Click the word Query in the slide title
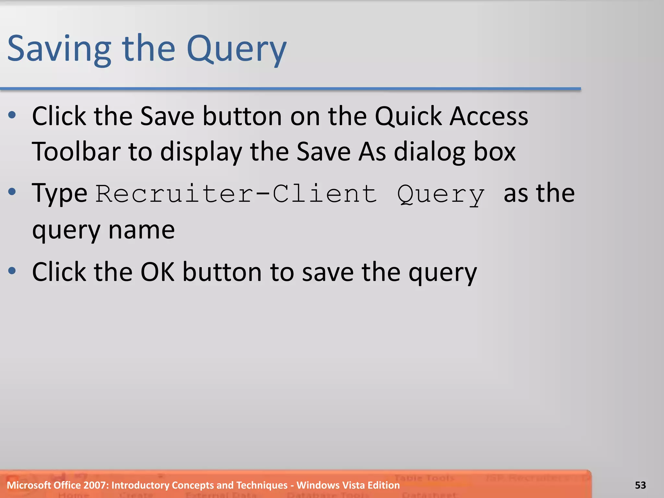coord(237,49)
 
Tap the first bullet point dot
coord(12,115)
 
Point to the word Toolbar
coord(76,151)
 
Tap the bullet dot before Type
coord(12,192)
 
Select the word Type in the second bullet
coord(59,193)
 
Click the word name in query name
coord(141,230)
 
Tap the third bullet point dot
coord(12,270)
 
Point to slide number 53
coord(640,485)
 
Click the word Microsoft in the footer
coord(29,485)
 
